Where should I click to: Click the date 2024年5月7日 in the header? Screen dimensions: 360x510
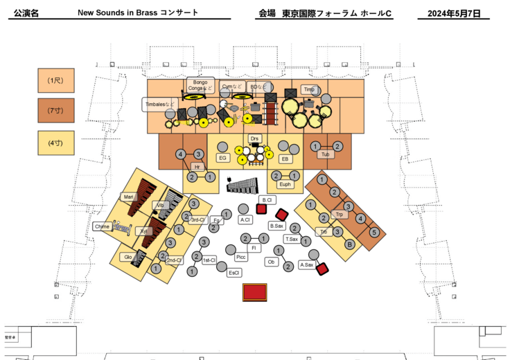(x=454, y=13)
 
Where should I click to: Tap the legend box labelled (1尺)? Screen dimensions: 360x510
(x=55, y=81)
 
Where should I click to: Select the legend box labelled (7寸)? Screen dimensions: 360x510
(x=55, y=111)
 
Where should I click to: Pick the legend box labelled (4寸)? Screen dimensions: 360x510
(x=55, y=143)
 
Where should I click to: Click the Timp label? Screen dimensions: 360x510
(x=309, y=89)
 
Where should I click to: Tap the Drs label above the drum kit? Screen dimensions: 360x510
(x=254, y=138)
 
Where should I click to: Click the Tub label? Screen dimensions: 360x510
(x=324, y=154)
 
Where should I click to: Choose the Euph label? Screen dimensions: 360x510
(x=285, y=184)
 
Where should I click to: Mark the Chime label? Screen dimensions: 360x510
(x=102, y=226)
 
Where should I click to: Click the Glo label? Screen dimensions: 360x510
(x=127, y=257)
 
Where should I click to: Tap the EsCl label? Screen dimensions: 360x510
(x=234, y=273)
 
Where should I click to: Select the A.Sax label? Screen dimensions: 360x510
(x=306, y=264)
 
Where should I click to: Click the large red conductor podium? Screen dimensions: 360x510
(x=255, y=292)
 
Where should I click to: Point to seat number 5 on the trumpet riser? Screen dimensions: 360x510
(x=373, y=233)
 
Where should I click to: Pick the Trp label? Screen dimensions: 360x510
(x=339, y=215)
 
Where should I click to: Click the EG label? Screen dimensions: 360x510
(x=222, y=158)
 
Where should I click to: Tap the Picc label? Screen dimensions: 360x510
(x=240, y=257)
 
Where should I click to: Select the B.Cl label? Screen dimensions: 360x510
(x=267, y=199)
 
